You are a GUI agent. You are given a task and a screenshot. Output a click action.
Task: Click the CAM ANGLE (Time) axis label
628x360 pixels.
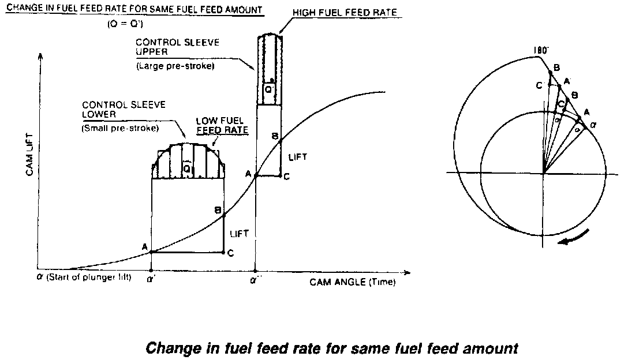(x=353, y=282)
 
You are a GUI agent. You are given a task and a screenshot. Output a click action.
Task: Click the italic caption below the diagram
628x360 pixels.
(x=332, y=348)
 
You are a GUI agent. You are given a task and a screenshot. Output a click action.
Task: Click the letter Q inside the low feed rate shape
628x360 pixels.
(x=187, y=167)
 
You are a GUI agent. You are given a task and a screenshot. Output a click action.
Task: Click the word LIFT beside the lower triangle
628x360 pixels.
(x=239, y=234)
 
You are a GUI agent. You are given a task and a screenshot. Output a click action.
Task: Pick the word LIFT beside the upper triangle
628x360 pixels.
(x=298, y=157)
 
